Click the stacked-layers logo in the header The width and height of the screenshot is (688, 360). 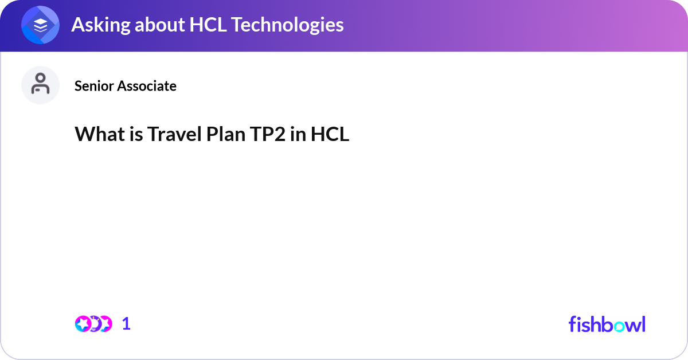coord(40,25)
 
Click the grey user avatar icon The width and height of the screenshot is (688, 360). coord(40,85)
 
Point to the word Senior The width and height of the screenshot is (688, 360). coord(94,86)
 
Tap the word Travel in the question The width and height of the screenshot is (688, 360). coord(171,134)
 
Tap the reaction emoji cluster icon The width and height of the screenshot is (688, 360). coord(93,324)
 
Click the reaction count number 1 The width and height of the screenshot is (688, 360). coord(127,324)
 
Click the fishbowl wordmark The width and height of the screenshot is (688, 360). coord(607,324)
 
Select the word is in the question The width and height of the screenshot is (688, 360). coord(134,134)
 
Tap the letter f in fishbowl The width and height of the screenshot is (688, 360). coord(572,324)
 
